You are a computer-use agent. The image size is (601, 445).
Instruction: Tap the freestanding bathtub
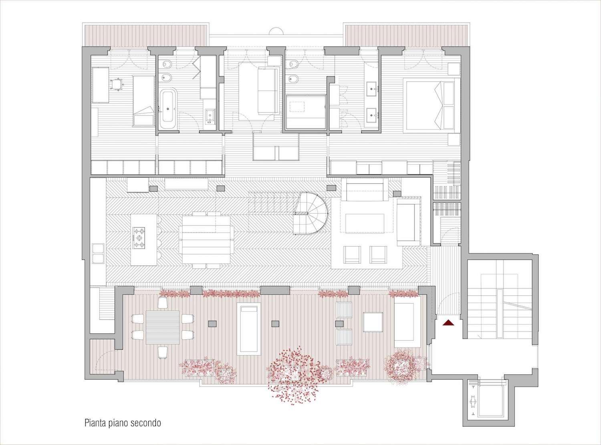point(168,108)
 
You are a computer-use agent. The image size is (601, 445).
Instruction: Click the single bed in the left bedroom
point(143,100)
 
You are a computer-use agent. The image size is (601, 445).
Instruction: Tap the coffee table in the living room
point(365,223)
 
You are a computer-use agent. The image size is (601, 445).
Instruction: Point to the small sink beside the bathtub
point(210,115)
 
